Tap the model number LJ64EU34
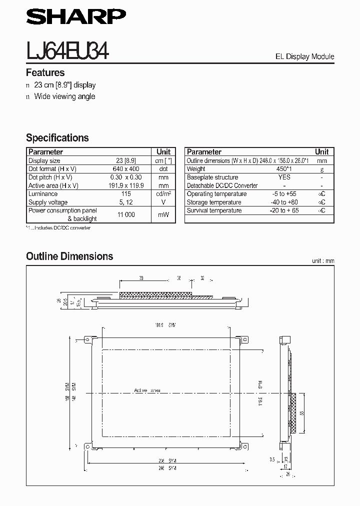click(67, 51)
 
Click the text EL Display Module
click(304, 56)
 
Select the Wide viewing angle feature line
click(64, 96)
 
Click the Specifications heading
click(57, 137)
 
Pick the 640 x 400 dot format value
click(126, 169)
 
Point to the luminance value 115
click(126, 194)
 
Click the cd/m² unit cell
click(163, 194)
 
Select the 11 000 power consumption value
click(126, 214)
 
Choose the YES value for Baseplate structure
click(284, 177)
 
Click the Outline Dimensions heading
click(69, 256)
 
